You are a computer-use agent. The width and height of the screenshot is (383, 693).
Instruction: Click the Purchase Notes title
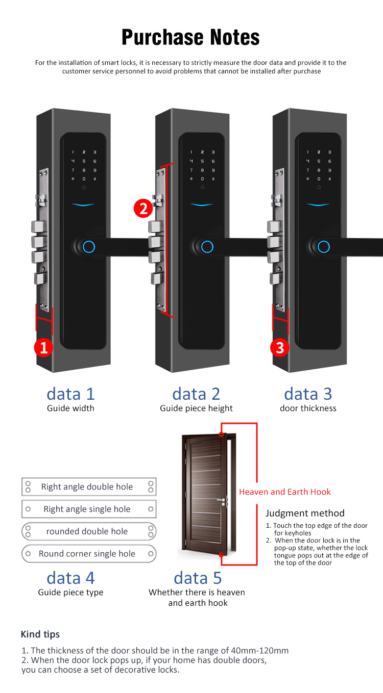tap(190, 37)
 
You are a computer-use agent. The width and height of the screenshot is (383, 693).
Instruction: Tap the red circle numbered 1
tap(43, 347)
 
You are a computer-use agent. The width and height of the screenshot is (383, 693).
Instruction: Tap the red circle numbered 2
tap(143, 208)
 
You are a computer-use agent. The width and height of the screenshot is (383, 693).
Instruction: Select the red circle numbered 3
tap(279, 347)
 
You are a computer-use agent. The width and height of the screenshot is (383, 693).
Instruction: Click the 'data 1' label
tap(70, 394)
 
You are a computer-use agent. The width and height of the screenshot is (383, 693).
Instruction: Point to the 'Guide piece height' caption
tap(196, 408)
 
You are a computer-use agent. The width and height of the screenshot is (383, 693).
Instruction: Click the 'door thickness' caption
tap(308, 408)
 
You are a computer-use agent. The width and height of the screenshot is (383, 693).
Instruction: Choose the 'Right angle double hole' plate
tap(89, 486)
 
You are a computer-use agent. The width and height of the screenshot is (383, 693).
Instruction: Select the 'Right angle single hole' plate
tap(89, 509)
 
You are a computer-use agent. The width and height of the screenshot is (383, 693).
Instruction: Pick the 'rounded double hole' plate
tap(89, 531)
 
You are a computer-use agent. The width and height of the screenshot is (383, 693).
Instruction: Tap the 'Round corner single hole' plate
tap(89, 554)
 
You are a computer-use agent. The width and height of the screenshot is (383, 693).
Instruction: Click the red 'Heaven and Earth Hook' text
tap(285, 492)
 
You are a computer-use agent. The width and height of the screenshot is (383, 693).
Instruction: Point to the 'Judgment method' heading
tap(305, 513)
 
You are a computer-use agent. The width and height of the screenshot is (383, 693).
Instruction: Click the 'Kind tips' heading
tap(40, 634)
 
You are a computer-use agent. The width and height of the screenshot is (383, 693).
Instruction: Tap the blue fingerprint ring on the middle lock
tap(207, 247)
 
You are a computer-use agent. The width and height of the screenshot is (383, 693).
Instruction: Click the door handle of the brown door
tap(222, 501)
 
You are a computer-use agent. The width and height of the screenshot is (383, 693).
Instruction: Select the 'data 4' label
tap(70, 578)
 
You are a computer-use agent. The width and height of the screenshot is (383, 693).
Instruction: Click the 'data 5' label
tap(198, 578)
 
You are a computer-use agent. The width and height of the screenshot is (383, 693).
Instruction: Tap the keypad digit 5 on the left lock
tap(84, 161)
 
